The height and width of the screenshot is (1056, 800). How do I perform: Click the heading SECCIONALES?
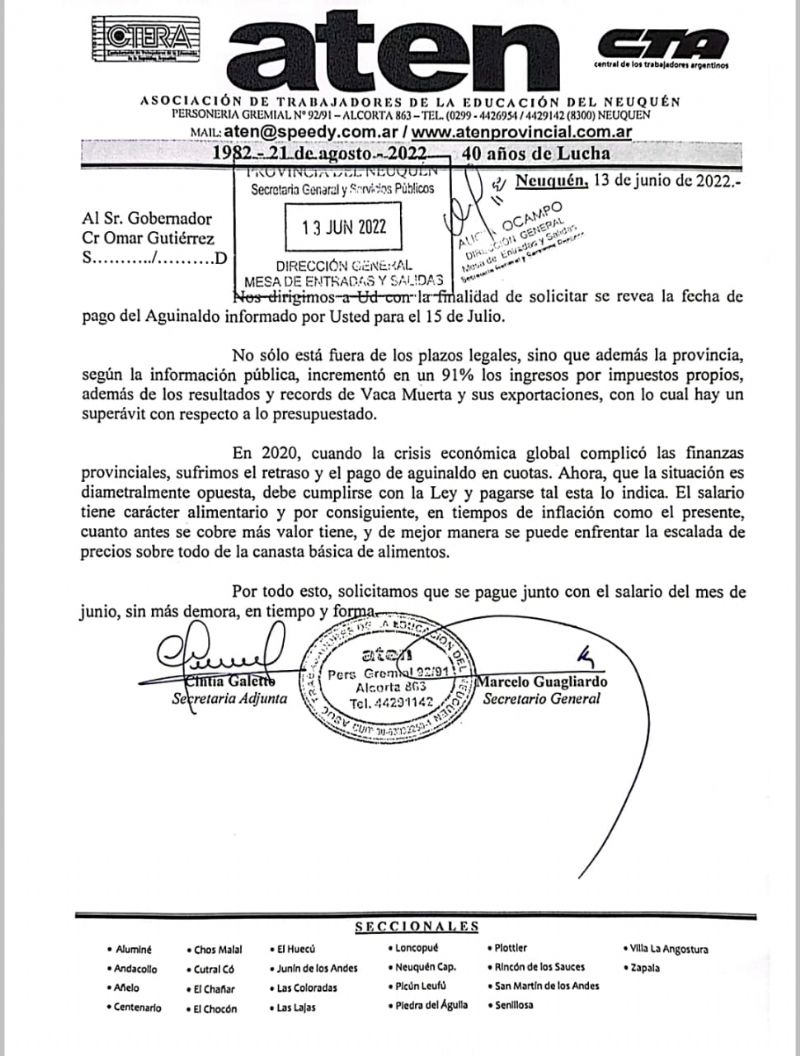coord(417,927)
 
